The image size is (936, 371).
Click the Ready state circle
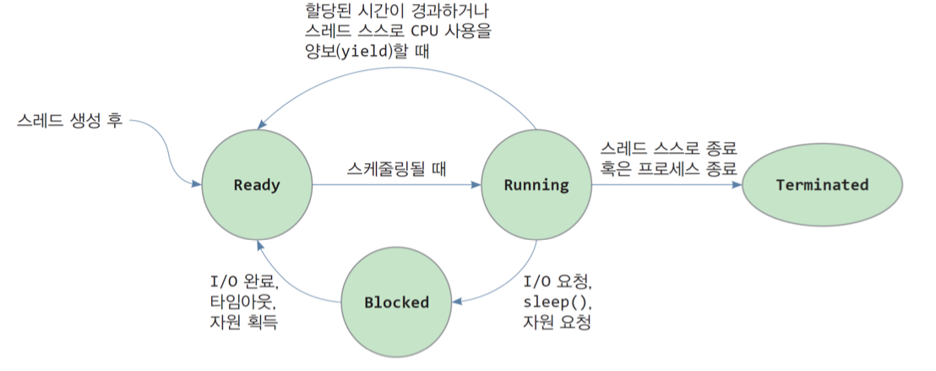tap(257, 185)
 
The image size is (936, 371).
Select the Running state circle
tap(536, 185)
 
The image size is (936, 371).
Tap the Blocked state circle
tap(396, 302)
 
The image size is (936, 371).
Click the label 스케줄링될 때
tap(396, 168)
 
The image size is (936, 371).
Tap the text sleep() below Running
tap(558, 302)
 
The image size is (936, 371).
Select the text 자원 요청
tap(557, 322)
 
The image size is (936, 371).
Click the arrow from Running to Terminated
tap(667, 185)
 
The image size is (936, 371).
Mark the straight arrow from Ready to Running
tap(396, 185)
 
